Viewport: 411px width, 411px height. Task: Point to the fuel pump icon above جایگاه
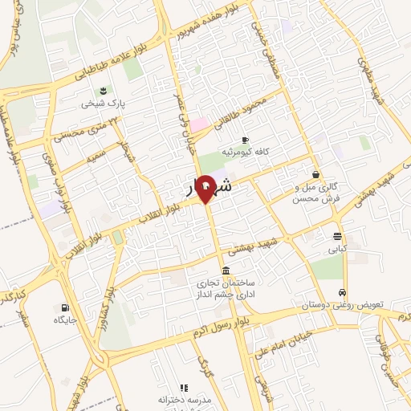point(64,307)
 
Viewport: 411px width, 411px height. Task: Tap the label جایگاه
point(64,320)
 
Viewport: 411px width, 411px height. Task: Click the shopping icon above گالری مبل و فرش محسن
point(315,174)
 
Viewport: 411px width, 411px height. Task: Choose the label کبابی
point(337,249)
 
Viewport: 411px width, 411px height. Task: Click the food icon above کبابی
point(337,236)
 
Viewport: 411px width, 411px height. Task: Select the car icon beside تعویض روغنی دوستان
point(344,293)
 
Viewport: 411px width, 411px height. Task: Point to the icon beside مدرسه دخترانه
point(183,388)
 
